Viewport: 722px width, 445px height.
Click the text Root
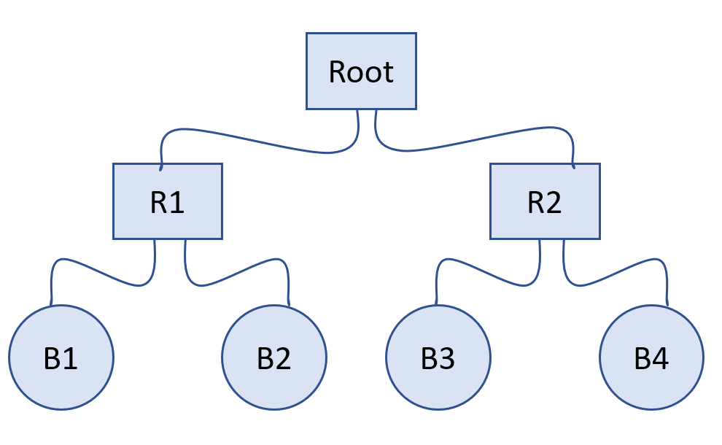(361, 71)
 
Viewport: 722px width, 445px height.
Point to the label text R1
(168, 202)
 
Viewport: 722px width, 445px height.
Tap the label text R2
(545, 202)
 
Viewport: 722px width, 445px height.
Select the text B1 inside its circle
(61, 359)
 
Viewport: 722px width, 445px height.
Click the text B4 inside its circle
(651, 359)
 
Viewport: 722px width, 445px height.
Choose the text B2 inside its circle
(274, 359)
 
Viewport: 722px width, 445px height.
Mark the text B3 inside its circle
(438, 359)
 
